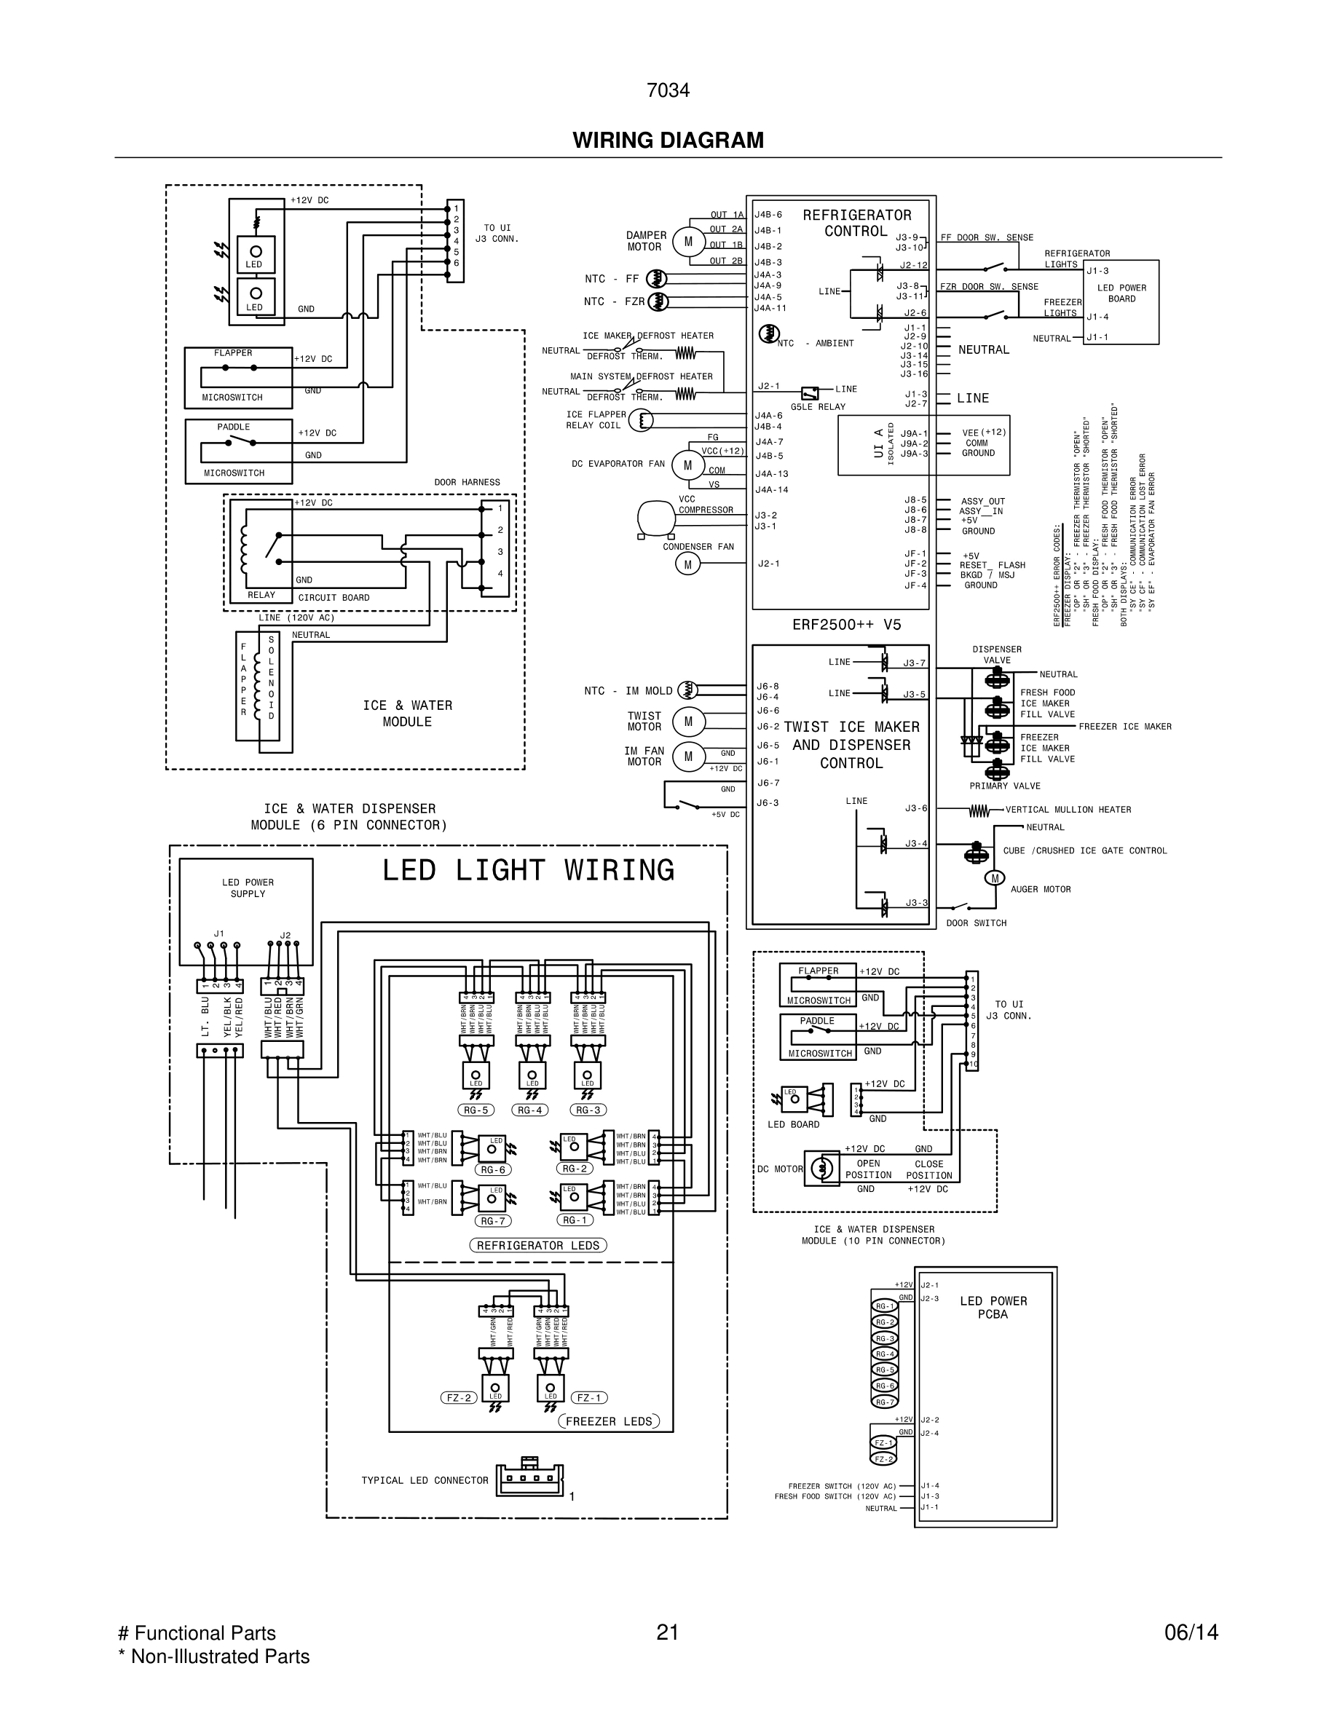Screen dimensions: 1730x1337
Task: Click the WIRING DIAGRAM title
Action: (668, 141)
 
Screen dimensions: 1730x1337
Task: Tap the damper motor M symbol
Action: (687, 242)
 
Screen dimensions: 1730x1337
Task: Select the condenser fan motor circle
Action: (687, 564)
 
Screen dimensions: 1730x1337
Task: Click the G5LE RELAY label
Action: (817, 407)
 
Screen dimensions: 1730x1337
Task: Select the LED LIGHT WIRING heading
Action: (527, 871)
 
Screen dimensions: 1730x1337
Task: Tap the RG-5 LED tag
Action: (476, 1110)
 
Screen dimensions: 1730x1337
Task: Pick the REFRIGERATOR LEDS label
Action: (538, 1246)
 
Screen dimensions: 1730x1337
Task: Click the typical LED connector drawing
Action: (530, 1478)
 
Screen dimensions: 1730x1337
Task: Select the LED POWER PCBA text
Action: (993, 1308)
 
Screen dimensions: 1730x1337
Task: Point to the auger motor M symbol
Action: (994, 877)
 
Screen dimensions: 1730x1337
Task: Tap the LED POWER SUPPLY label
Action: (247, 888)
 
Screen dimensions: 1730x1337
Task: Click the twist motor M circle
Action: (687, 722)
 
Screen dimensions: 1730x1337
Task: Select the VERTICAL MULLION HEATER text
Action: (1068, 810)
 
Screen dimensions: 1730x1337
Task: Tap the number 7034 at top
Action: (668, 91)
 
